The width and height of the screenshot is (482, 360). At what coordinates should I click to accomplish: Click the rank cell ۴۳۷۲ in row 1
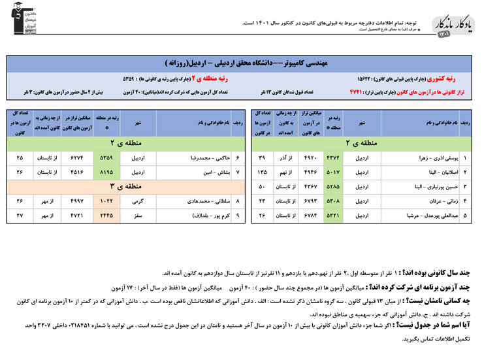(334, 158)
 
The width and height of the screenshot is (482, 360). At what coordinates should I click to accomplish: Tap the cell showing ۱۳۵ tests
(263, 172)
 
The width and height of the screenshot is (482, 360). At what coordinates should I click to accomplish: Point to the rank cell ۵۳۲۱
(334, 215)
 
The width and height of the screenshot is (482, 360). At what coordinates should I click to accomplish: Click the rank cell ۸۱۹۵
(106, 172)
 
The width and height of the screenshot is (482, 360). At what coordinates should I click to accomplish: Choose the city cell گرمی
(137, 201)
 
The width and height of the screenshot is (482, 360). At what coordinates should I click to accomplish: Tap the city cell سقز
(137, 215)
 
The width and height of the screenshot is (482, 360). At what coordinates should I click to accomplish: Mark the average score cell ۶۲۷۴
(77, 158)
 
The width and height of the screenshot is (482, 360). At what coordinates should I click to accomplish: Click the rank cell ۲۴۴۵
(106, 215)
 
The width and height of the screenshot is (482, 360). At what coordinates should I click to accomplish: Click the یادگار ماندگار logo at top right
(452, 25)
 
